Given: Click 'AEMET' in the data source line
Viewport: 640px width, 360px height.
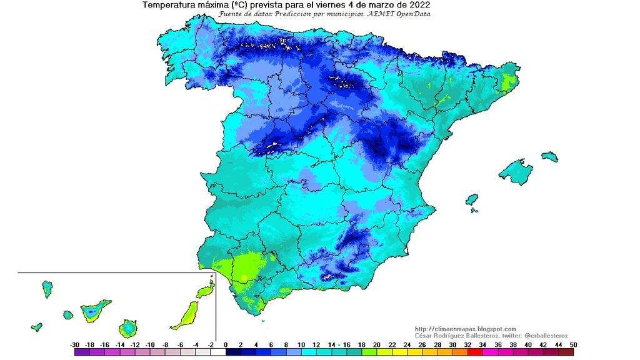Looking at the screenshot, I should (386, 13).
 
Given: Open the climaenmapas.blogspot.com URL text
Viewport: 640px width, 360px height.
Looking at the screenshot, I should (466, 329).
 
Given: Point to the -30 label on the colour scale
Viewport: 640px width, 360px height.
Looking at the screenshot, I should (74, 344).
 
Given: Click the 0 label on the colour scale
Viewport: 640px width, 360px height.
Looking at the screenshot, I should (226, 344).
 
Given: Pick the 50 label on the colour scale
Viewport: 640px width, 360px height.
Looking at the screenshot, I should (573, 344).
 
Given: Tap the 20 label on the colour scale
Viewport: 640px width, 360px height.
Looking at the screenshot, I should (377, 344).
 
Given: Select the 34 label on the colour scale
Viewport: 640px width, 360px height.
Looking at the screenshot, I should (482, 344).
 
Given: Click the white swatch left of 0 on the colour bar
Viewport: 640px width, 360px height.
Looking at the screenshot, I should (218, 352).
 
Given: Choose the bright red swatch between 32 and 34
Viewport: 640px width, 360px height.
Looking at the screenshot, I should (475, 352).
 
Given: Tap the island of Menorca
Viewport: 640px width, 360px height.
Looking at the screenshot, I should (549, 156).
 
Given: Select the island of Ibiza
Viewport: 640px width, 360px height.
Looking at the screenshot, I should (472, 199).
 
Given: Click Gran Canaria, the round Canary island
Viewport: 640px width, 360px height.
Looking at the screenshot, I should (129, 327).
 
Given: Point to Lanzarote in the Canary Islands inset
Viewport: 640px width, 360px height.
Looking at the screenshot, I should (205, 291).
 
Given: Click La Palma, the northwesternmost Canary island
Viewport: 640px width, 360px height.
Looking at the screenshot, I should (47, 289).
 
